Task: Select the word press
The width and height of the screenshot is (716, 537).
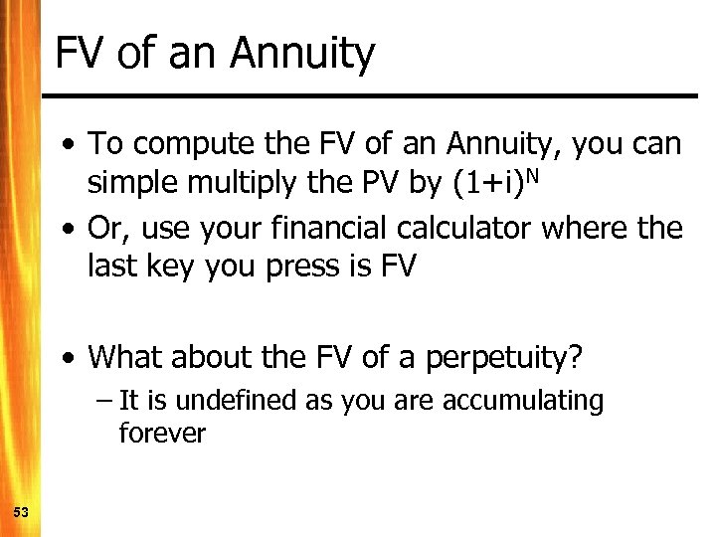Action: [298, 267]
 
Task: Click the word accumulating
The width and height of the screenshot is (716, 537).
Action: [523, 401]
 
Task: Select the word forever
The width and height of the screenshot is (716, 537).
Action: [161, 434]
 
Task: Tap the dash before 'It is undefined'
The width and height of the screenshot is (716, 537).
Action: [105, 402]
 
